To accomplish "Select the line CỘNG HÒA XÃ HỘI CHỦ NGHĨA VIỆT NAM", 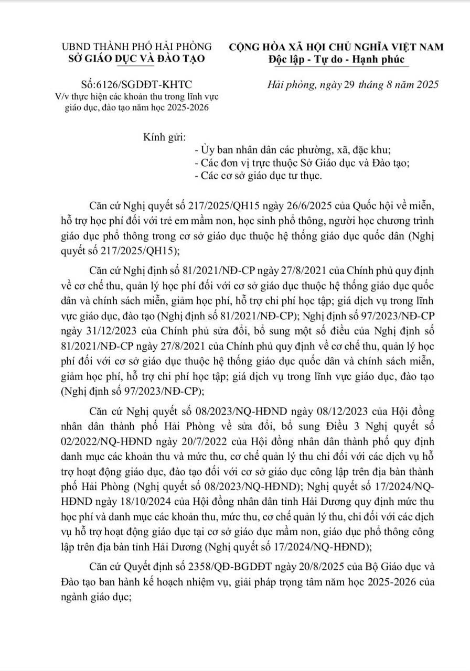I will pyautogui.click(x=336, y=47).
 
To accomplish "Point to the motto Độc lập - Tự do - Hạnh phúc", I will pyautogui.click(x=336, y=59).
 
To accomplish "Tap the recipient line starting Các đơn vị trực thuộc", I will pyautogui.click(x=302, y=163).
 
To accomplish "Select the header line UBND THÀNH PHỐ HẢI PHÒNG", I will pyautogui.click(x=137, y=47).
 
